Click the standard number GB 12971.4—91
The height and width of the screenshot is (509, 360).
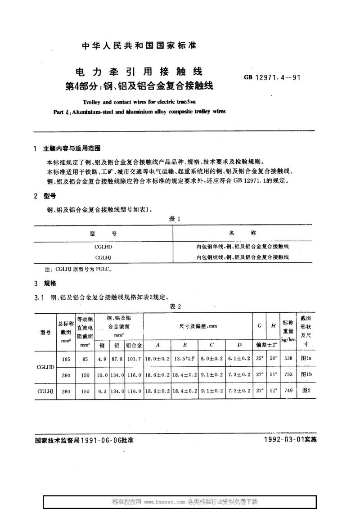pos(272,77)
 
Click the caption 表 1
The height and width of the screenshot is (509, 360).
pos(174,218)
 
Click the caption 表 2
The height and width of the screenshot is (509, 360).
pos(174,306)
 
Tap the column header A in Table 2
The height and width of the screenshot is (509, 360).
pos(157,345)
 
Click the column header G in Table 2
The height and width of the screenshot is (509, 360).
pos(260,325)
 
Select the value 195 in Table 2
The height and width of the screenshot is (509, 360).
pos(66,360)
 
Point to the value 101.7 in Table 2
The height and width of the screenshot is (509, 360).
pos(134,360)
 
